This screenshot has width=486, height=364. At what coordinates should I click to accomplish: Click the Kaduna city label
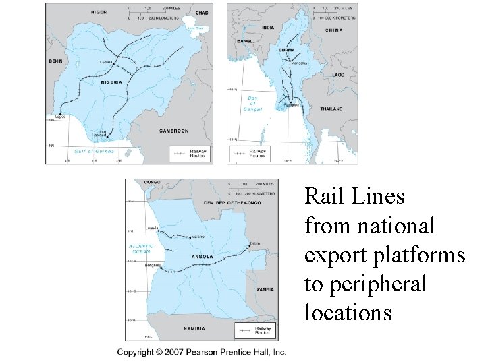[x=106, y=62]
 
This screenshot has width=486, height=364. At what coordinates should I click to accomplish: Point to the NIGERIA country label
[x=112, y=82]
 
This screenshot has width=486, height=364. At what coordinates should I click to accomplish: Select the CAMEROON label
[x=173, y=131]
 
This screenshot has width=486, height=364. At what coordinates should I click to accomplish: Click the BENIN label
[x=55, y=61]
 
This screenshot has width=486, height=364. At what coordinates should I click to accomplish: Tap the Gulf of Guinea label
[x=93, y=152]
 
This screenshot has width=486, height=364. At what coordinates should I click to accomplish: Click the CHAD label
[x=202, y=12]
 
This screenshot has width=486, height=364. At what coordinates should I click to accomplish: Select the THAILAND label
[x=331, y=108]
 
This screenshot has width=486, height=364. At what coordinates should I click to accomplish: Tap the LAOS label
[x=337, y=75]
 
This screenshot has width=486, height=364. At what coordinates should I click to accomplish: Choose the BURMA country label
[x=286, y=51]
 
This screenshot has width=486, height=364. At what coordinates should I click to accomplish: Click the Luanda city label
[x=152, y=228]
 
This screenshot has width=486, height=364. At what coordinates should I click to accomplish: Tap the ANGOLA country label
[x=202, y=256]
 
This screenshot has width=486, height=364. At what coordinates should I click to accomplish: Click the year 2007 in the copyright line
[x=174, y=352]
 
